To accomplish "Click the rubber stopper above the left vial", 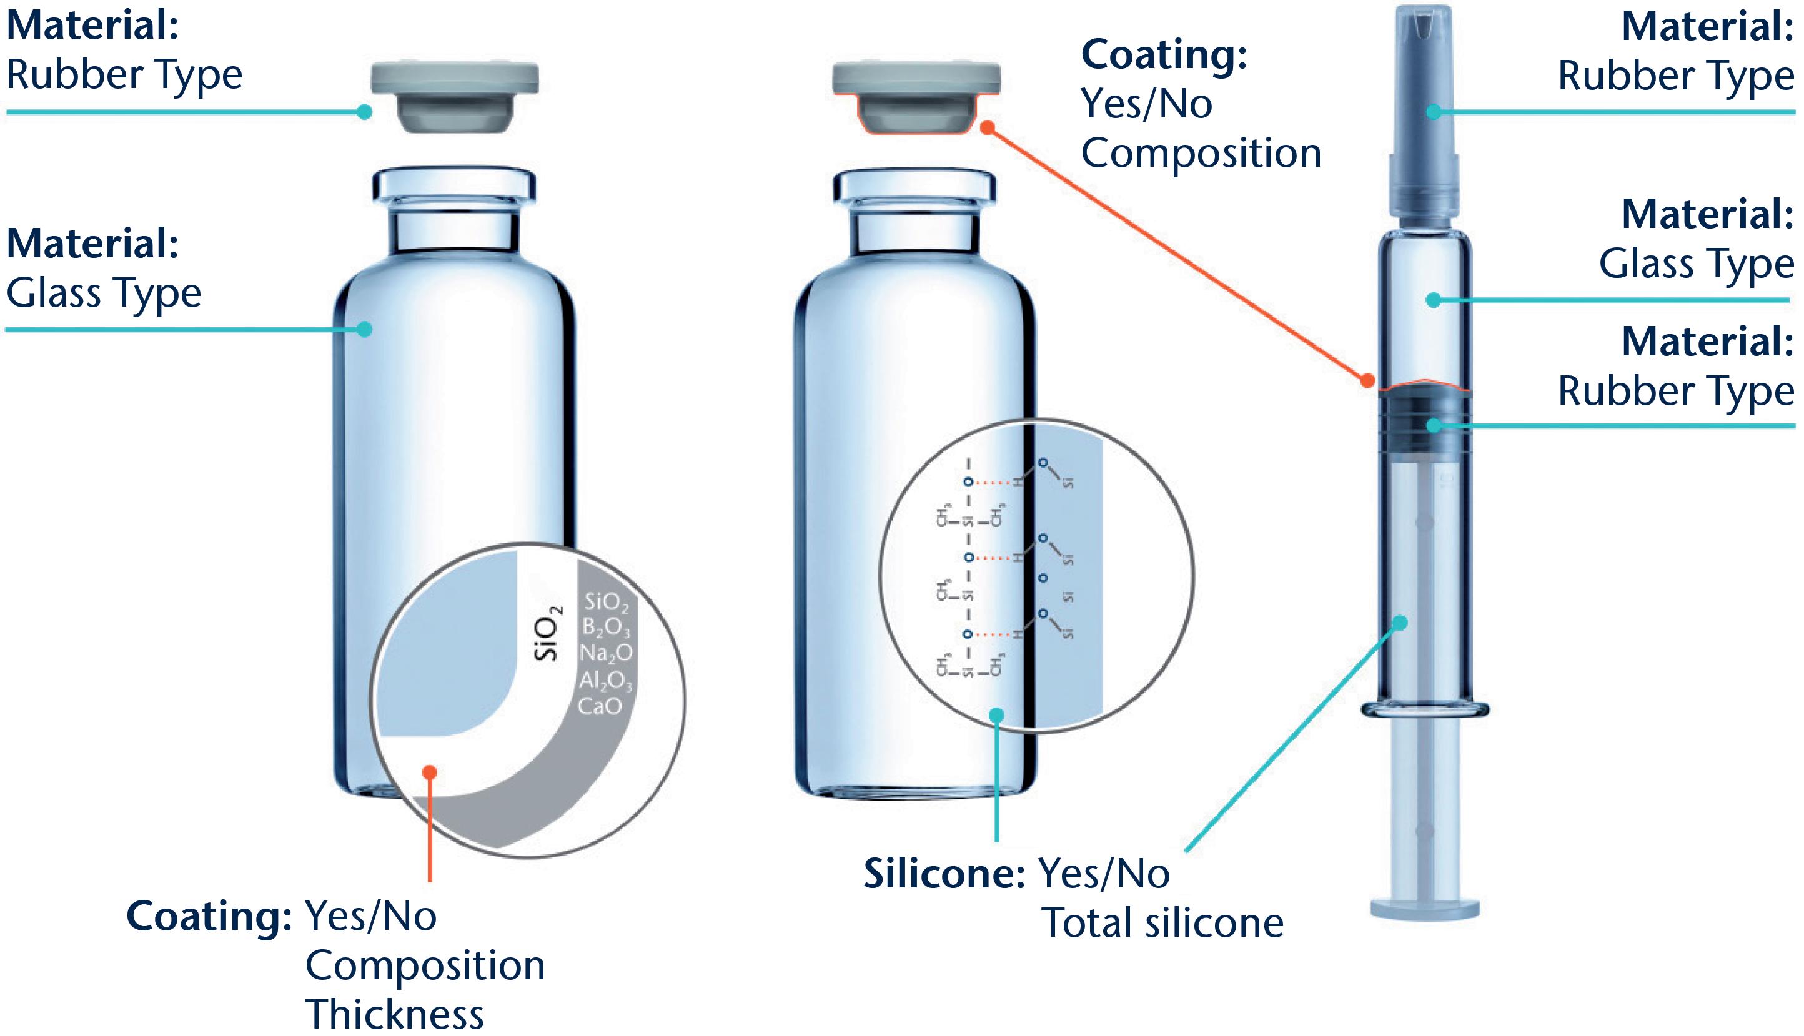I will (454, 96).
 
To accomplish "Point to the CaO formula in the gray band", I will (600, 706).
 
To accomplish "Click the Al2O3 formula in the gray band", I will (605, 681).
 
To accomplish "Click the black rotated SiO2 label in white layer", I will (548, 633).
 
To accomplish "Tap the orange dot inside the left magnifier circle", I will (429, 772).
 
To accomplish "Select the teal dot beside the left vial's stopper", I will (364, 112).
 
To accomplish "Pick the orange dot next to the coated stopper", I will (987, 127).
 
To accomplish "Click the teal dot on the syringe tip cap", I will (1434, 112).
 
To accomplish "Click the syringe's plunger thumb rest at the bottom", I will (1425, 909).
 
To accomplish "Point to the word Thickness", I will (394, 1014).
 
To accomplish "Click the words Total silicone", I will (1162, 924).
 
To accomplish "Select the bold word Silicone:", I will (944, 874).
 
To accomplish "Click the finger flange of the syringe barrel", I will (1425, 709).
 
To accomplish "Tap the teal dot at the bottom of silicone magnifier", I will (996, 715).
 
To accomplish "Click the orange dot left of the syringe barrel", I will (1367, 381).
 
